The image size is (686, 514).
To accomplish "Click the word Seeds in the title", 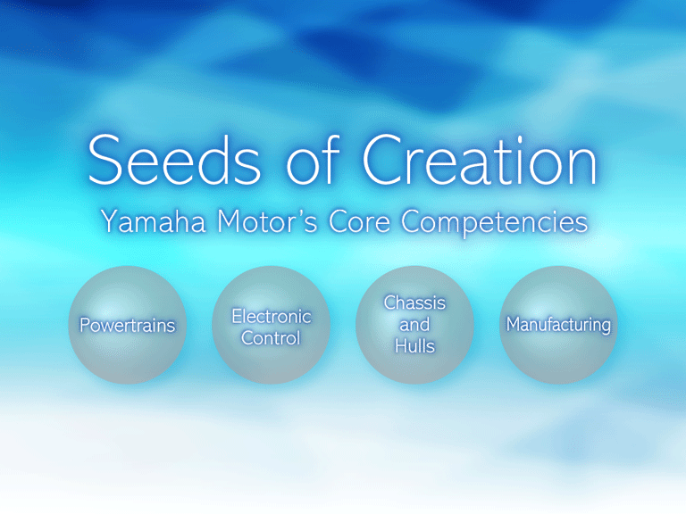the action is coord(174,160).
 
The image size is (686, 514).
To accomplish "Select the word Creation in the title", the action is coord(480,160).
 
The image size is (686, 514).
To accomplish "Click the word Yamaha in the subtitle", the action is coord(153,221).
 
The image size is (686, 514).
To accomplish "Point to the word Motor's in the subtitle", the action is coord(267,221).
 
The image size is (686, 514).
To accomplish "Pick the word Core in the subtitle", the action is coord(359,221).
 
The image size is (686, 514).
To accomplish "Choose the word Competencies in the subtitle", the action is coord(494,223).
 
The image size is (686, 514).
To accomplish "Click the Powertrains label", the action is coord(128,325).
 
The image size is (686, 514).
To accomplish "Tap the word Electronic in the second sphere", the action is coord(272,317).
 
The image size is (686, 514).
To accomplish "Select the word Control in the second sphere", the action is coord(271,338).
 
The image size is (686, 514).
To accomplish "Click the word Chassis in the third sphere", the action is coord(414,303).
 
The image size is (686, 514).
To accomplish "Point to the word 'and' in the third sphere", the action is coord(414,325).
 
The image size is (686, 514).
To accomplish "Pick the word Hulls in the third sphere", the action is coord(414,346).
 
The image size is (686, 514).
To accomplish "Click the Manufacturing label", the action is coord(558,325).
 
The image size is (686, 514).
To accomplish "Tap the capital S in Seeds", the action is coord(105,160).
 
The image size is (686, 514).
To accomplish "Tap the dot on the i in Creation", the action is coord(520,140).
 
